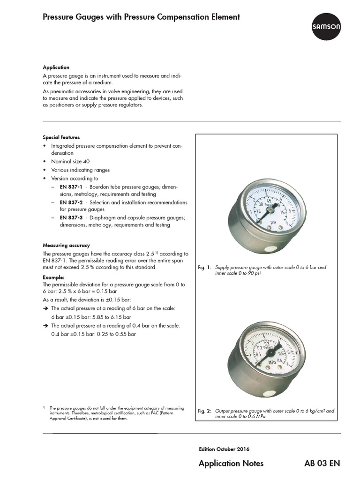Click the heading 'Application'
(x=56, y=67)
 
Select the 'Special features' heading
(x=61, y=137)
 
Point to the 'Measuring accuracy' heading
(x=66, y=245)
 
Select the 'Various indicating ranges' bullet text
(x=80, y=170)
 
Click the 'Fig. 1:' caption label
(x=205, y=267)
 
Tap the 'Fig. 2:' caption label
(x=205, y=411)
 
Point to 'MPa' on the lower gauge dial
(x=271, y=362)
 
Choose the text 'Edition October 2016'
(x=223, y=449)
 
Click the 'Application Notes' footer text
(x=231, y=463)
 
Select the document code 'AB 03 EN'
(x=322, y=463)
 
